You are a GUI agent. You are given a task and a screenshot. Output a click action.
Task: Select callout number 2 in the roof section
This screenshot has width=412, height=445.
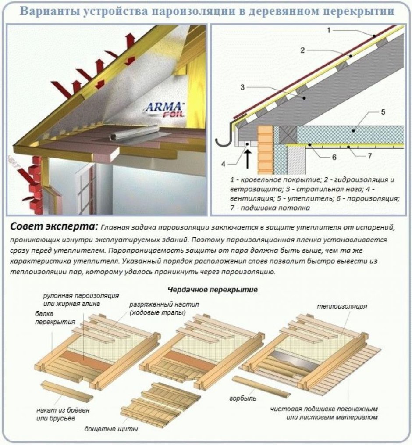point(302,50)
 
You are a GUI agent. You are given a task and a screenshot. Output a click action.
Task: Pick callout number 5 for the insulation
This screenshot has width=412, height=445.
point(383,112)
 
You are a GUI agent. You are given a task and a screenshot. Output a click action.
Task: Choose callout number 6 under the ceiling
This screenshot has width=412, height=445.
point(334,157)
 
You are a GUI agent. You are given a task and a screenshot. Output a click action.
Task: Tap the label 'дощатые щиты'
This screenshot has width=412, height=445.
point(111,428)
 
